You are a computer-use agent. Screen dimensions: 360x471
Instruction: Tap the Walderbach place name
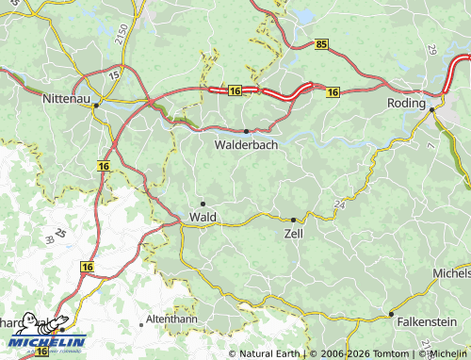(x=246, y=146)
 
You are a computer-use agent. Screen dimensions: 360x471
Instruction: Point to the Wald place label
(x=203, y=217)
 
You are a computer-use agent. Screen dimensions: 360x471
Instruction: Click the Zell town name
(x=294, y=233)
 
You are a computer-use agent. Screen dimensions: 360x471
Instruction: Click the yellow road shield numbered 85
(x=322, y=43)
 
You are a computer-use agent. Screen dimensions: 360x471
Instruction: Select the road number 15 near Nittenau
(x=114, y=74)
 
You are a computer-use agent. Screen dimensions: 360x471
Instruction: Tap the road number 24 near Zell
(x=338, y=204)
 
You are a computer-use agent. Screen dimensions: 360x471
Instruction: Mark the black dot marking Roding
(x=431, y=110)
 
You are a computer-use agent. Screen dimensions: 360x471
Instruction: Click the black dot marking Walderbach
(x=246, y=131)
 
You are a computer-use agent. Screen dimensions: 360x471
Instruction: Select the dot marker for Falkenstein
(x=391, y=314)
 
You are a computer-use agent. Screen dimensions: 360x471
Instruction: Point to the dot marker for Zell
(x=294, y=220)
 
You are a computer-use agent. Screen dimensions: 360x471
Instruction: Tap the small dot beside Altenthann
(x=142, y=323)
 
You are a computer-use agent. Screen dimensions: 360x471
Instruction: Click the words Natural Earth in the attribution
(x=269, y=353)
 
